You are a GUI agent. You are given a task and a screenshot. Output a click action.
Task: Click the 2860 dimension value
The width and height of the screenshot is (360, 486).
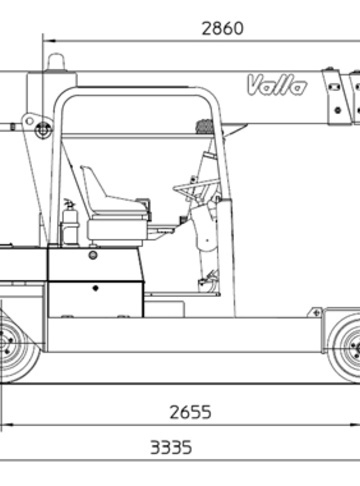[x=222, y=28]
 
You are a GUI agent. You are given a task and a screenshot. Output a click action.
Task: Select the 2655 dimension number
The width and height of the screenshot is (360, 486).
[x=190, y=412]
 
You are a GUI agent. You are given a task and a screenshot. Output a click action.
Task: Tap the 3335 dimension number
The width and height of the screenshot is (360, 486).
[x=171, y=447]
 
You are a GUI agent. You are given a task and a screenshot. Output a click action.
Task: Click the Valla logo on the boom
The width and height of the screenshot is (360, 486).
[x=276, y=85]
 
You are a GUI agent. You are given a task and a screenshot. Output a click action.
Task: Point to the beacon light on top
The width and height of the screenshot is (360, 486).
[x=56, y=62]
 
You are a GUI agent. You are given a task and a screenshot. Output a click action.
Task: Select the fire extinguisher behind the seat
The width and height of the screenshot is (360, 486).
[x=70, y=222]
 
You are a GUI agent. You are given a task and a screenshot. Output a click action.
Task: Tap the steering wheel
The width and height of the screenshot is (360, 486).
[x=195, y=188]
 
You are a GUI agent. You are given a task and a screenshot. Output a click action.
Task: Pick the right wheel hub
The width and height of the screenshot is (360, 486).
[x=354, y=349]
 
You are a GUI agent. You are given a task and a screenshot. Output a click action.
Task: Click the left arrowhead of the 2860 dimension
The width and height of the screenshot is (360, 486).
[x=49, y=41]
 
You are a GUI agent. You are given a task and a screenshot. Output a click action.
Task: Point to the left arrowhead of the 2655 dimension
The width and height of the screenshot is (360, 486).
[x=7, y=425]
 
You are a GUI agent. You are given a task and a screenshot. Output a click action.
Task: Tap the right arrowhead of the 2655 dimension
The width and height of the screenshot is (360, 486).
[x=354, y=425]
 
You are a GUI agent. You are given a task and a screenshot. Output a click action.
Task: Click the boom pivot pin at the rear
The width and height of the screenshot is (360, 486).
[x=43, y=128]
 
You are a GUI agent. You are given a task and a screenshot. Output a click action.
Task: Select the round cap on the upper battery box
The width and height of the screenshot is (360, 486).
[x=93, y=255]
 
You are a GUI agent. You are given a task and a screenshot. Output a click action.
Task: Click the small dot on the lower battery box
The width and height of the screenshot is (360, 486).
[x=95, y=288]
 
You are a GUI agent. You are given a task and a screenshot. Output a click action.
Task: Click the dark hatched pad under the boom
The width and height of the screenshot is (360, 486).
[x=205, y=126]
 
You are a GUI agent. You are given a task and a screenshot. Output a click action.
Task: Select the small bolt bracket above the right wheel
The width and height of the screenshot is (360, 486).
[x=316, y=313]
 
